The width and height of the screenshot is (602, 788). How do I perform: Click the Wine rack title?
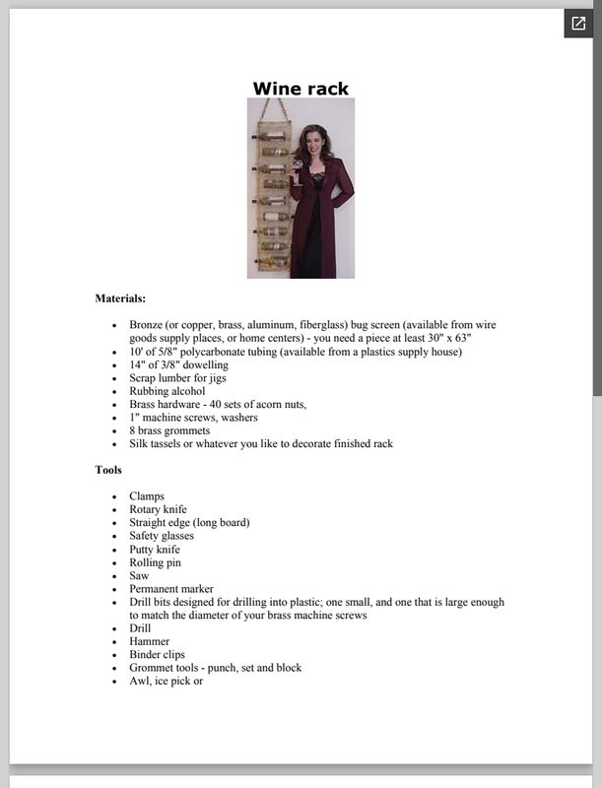click(x=301, y=89)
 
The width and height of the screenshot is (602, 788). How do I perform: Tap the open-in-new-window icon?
click(x=577, y=24)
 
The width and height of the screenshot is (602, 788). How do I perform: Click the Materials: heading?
click(x=120, y=297)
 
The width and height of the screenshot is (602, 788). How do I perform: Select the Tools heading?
click(x=108, y=470)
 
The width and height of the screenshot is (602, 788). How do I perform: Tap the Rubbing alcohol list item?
click(x=167, y=391)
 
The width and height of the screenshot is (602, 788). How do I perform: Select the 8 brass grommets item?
click(x=169, y=430)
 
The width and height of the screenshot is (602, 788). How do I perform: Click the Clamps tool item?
click(x=147, y=496)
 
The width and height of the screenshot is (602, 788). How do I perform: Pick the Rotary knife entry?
click(x=158, y=509)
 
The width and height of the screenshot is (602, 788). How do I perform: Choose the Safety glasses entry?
click(x=163, y=536)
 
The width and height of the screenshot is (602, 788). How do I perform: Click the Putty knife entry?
click(x=155, y=550)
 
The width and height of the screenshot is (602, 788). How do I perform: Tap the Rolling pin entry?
click(x=155, y=562)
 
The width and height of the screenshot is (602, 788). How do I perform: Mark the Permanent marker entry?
click(x=171, y=589)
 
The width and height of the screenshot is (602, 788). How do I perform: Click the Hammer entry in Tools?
click(x=149, y=641)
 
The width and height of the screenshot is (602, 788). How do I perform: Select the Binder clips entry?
click(x=157, y=654)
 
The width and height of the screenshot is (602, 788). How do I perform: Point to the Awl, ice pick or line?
click(x=166, y=681)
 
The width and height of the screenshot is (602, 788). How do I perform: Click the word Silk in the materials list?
click(x=139, y=443)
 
